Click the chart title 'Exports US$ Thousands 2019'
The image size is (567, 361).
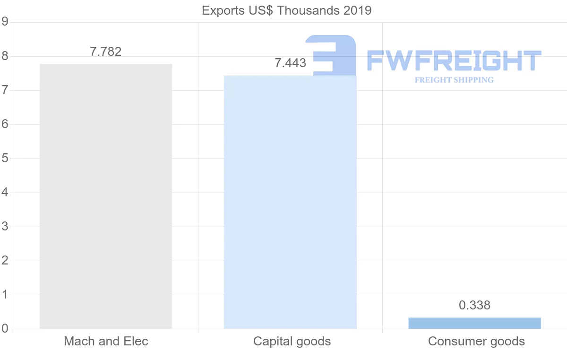pos(286,10)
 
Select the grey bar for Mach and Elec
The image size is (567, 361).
pos(106,196)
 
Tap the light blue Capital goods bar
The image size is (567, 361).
pos(290,202)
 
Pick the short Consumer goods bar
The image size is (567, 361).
pos(474,323)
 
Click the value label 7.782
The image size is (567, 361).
pos(106,52)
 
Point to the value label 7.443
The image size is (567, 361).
pos(290,63)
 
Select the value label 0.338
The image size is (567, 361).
pos(474,306)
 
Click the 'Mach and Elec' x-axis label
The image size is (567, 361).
pos(106,341)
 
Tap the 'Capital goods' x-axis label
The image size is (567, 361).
pos(292,341)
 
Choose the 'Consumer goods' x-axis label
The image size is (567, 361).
pos(476,341)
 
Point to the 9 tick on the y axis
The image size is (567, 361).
pos(5,22)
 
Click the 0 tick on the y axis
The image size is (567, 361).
pos(5,329)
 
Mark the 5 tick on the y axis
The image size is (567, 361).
pos(5,158)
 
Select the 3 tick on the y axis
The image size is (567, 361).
pos(5,227)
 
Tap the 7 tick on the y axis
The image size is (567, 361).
pos(5,90)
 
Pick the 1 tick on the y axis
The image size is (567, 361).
pos(5,295)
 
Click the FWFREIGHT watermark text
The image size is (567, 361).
pos(454,61)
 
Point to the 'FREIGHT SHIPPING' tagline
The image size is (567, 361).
pos(454,80)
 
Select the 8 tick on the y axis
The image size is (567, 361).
pos(5,56)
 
